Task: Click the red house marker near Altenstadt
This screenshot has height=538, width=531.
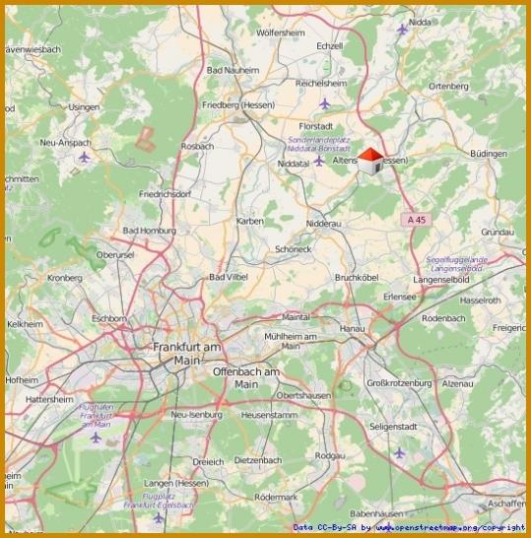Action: (x=371, y=161)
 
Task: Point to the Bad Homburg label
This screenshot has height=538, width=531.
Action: (x=148, y=231)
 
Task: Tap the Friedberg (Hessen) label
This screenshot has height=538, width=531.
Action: (x=235, y=103)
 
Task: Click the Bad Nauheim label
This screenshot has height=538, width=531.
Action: (x=232, y=71)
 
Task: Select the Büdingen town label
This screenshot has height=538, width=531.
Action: (x=488, y=155)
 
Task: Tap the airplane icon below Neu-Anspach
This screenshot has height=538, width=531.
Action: (x=84, y=157)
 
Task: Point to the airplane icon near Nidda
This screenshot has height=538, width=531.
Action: (x=402, y=29)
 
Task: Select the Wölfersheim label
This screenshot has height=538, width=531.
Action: (x=281, y=33)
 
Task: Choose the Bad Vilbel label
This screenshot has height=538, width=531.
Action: (x=229, y=278)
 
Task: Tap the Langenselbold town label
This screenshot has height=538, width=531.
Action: (x=447, y=280)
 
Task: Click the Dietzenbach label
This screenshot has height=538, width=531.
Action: (x=259, y=459)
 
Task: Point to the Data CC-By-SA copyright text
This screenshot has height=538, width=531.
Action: (x=408, y=528)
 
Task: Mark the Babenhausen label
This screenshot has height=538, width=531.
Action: (x=376, y=513)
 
